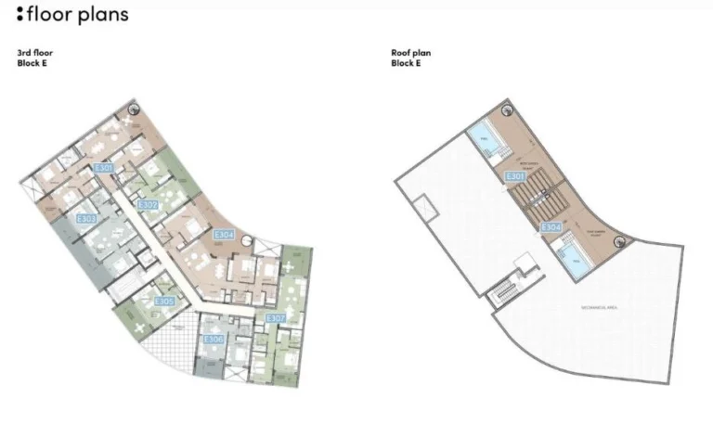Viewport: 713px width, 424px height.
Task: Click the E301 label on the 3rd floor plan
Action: click(104, 169)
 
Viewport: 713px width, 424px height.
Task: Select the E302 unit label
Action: click(147, 205)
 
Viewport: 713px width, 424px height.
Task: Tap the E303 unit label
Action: click(86, 219)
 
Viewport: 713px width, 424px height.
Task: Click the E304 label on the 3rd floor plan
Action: click(225, 236)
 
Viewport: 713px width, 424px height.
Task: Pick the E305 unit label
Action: click(164, 302)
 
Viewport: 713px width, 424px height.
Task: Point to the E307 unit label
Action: click(276, 318)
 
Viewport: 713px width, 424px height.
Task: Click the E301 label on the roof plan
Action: click(516, 176)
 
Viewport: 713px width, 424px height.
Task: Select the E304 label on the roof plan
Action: click(551, 226)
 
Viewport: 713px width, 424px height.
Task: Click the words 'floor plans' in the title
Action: click(78, 15)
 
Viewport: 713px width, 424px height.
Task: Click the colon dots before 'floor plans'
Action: click(19, 15)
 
